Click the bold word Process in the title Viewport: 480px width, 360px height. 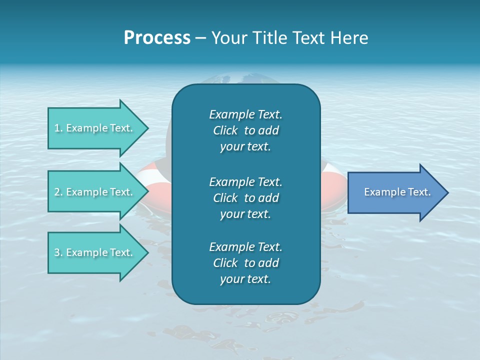[x=157, y=38]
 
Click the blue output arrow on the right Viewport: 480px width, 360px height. [x=395, y=192]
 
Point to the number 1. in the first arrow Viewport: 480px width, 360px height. [x=58, y=128]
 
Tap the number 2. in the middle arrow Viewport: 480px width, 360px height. [x=58, y=192]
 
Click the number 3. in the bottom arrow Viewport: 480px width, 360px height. [x=58, y=252]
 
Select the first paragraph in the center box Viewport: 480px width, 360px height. [x=245, y=130]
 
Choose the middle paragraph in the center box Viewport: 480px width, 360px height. [x=245, y=197]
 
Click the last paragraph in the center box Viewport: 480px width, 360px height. [x=245, y=263]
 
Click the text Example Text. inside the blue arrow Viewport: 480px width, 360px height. [x=397, y=192]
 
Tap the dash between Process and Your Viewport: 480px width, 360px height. [x=200, y=38]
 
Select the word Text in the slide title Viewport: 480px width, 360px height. [x=308, y=38]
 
